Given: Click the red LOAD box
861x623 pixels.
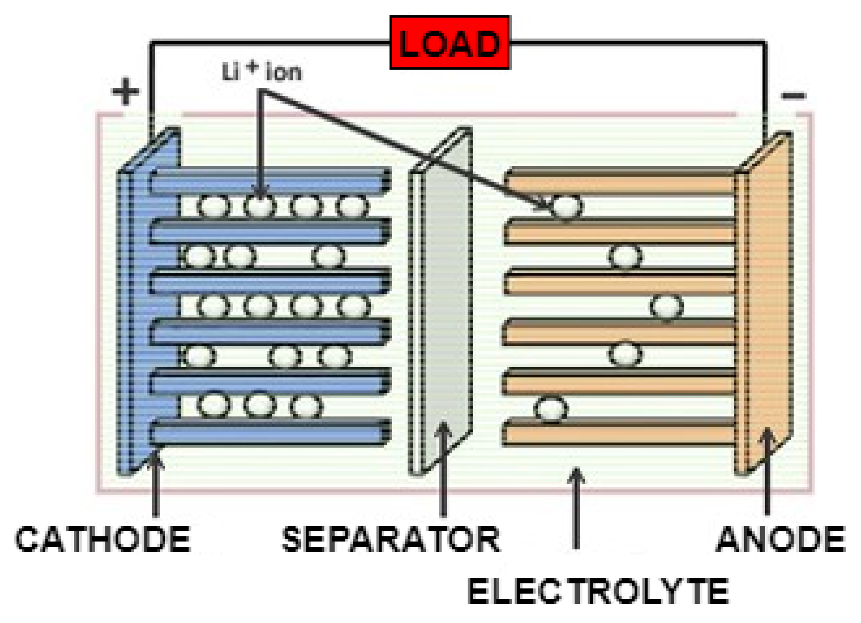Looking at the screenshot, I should point(450,43).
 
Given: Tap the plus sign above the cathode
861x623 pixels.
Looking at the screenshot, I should point(125,91).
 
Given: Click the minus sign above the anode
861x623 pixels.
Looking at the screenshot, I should point(793,96).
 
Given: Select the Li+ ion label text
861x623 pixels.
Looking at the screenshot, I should point(262,72).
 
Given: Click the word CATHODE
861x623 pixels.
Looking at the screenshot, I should point(103,539).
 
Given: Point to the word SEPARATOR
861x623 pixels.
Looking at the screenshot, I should point(391,539).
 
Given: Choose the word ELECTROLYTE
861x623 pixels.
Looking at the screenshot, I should point(597,591).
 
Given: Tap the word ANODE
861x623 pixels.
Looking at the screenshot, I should point(780,539).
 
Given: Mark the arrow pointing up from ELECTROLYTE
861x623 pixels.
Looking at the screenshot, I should point(576,508).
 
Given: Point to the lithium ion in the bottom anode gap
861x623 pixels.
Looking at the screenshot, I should point(551,409).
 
